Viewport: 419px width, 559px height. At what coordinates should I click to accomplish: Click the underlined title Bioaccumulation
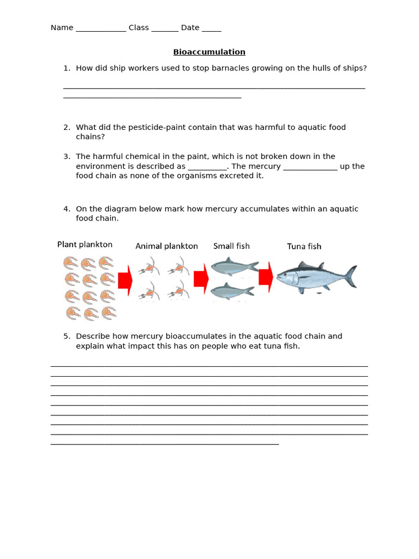click(209, 52)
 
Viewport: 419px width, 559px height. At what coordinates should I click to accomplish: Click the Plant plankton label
click(85, 245)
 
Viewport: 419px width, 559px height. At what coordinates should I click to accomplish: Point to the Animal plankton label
click(166, 246)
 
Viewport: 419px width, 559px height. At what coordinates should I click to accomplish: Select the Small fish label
click(231, 246)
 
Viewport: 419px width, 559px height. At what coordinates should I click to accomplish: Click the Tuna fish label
click(304, 246)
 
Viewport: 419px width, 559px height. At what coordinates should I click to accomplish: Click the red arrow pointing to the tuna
click(266, 277)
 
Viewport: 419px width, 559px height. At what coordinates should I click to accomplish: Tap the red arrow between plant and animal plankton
click(125, 281)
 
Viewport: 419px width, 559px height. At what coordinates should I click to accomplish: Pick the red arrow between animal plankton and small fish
click(201, 278)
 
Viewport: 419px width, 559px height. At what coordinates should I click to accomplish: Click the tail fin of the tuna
click(351, 276)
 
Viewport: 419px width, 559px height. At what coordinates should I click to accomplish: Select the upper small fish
click(234, 266)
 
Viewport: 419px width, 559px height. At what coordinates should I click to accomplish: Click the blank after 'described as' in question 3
click(207, 166)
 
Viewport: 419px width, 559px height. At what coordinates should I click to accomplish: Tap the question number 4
click(67, 209)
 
